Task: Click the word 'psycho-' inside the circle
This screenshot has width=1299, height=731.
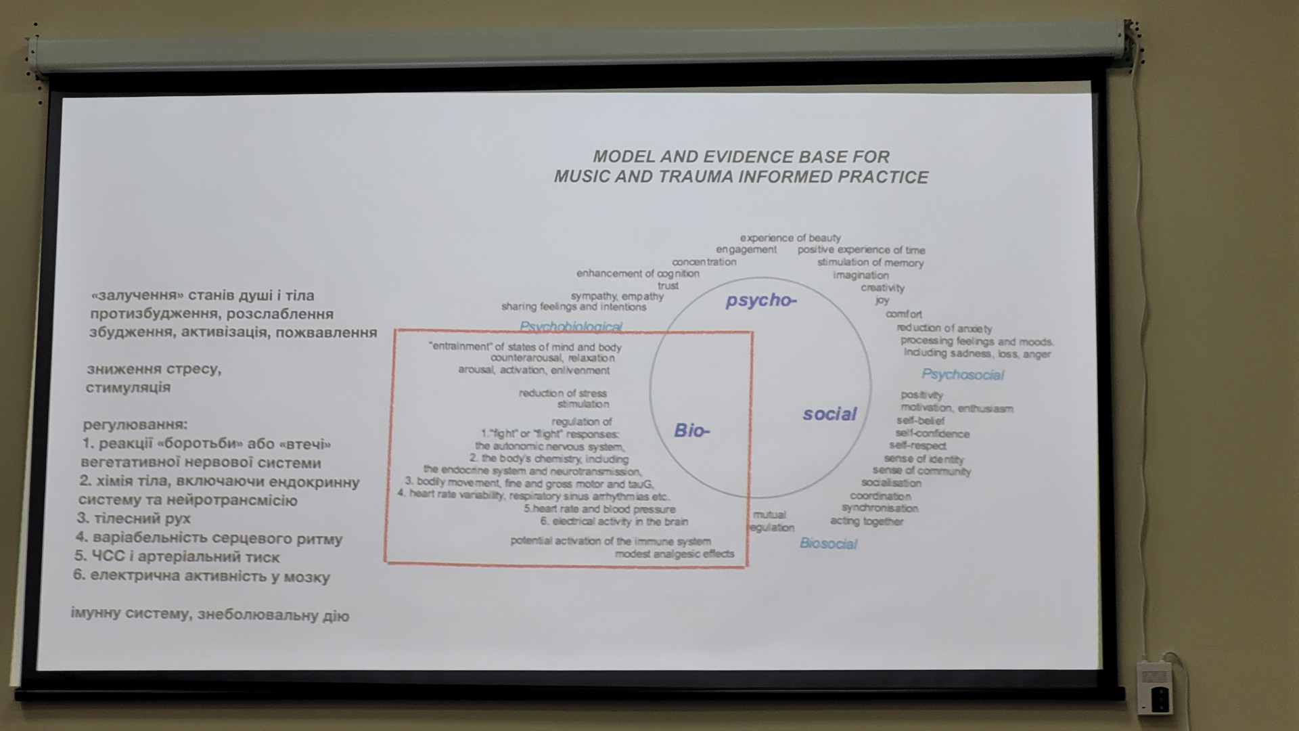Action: click(761, 301)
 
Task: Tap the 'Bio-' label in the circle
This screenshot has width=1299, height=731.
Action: click(692, 431)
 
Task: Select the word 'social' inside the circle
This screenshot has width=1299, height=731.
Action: click(829, 414)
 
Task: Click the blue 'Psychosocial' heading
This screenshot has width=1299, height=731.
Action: click(962, 375)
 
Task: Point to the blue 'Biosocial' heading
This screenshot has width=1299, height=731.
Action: click(828, 544)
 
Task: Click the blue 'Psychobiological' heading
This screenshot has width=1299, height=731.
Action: click(571, 326)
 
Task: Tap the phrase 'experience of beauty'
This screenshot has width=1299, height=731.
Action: click(790, 238)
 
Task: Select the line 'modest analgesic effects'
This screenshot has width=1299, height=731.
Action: click(674, 554)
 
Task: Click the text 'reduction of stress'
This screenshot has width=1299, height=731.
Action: click(563, 393)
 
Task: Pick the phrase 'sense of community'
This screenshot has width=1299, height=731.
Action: click(921, 471)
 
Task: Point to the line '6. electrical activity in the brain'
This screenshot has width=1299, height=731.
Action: click(614, 521)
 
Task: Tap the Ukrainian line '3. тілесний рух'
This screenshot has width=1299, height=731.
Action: click(134, 519)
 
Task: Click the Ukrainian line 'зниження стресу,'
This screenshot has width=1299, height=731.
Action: click(154, 370)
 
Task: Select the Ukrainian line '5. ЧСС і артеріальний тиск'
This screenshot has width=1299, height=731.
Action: click(177, 557)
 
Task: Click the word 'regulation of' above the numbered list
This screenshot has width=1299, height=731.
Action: click(581, 422)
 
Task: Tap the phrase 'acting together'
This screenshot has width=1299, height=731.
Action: click(867, 521)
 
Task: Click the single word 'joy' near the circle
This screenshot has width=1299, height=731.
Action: click(882, 300)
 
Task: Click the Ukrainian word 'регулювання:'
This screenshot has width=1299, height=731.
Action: click(135, 425)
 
